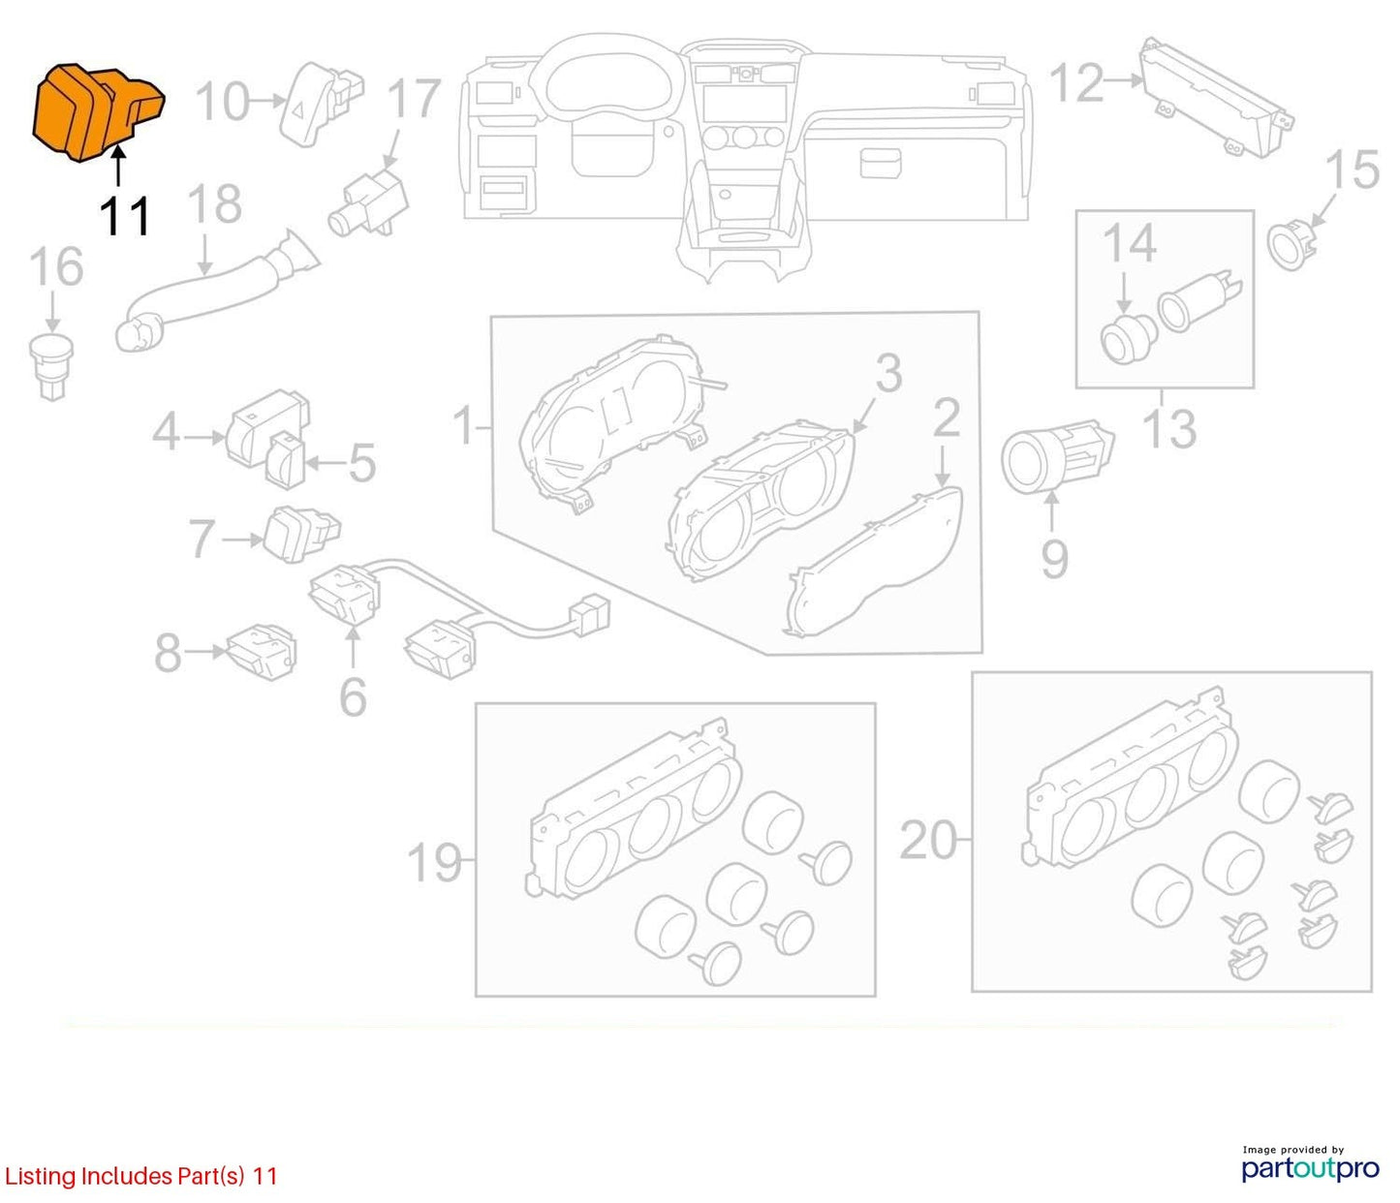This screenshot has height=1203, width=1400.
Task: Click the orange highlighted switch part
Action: point(98,112)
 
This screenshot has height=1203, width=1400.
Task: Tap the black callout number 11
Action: point(125,217)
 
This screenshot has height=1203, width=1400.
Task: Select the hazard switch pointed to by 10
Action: point(321,103)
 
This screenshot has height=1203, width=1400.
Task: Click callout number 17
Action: point(414,99)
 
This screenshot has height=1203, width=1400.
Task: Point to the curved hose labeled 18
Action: point(215,292)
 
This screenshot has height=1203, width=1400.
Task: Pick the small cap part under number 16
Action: point(51,364)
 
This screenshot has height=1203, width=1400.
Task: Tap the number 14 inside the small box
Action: point(1130,243)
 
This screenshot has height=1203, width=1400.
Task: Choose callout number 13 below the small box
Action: point(1169,428)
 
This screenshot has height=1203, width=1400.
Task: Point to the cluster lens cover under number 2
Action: point(875,561)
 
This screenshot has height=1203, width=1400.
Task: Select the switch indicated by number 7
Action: point(301,534)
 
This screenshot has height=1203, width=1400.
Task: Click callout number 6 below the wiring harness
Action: point(353,696)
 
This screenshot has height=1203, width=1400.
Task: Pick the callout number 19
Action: point(434,862)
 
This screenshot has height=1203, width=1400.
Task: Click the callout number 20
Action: point(928,840)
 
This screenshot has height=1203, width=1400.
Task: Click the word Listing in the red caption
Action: point(40,1177)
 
